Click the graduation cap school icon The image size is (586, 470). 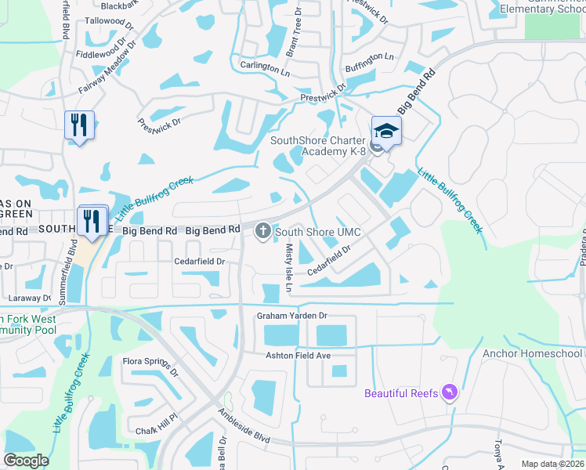[386, 130]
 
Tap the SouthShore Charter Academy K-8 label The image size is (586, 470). [318, 146]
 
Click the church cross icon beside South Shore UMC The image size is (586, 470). [262, 231]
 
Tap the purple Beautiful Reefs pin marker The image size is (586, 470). [449, 392]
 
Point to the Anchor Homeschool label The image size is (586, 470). [532, 353]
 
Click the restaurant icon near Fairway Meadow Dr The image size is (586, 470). [79, 125]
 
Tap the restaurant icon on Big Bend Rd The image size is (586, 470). [92, 221]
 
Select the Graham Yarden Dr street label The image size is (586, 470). [291, 316]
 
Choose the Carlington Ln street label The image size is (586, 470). [265, 67]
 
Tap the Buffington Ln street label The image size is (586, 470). [369, 57]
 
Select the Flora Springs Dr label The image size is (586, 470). [150, 367]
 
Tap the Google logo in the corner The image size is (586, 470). [26, 460]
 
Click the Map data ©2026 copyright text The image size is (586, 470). [552, 464]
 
